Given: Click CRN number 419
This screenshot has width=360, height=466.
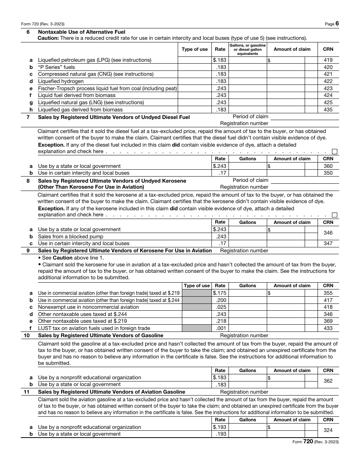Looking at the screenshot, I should click(x=328, y=60).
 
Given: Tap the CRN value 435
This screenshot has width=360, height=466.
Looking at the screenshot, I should click(x=328, y=109).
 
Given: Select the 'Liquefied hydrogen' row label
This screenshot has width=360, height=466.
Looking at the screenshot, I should click(x=61, y=81).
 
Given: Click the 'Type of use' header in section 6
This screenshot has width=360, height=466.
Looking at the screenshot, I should click(x=195, y=49).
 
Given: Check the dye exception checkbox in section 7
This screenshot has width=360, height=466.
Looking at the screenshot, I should click(x=335, y=152).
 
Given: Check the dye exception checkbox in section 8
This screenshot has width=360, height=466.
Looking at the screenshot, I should click(x=335, y=215).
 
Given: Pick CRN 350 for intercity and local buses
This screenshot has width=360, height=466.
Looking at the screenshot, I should click(x=328, y=173).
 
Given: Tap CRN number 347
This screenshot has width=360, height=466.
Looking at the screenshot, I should click(x=328, y=243).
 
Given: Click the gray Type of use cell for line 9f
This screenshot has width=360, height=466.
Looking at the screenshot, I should click(x=197, y=328).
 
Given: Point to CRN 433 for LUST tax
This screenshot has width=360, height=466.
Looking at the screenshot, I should click(x=328, y=328).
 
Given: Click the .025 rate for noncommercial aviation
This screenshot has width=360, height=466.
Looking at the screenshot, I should click(x=221, y=307).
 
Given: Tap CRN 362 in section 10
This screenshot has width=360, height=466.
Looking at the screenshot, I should click(x=328, y=381).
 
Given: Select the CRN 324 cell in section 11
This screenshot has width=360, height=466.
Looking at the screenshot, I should click(x=328, y=430).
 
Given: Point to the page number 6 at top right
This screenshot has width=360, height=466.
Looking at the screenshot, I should click(x=337, y=23).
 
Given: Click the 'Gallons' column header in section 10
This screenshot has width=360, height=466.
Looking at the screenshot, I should click(x=248, y=371).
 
